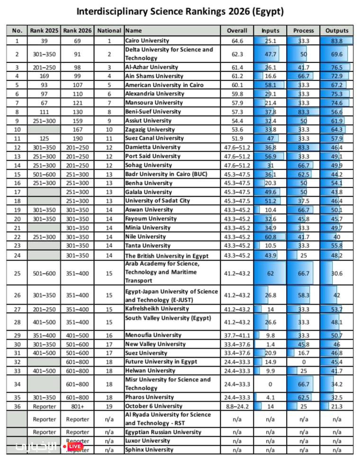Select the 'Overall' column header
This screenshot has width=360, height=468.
point(237,31)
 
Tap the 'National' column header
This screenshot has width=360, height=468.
point(109,31)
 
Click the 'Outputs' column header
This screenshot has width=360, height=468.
point(337,31)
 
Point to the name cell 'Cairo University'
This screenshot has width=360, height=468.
point(148,41)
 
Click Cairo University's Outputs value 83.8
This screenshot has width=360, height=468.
point(337,41)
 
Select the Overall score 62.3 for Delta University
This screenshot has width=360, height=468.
point(237,54)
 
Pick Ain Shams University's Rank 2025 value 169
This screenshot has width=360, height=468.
point(44,76)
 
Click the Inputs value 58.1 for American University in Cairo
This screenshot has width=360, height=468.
point(270,85)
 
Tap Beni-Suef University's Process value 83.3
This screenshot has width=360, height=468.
point(304,112)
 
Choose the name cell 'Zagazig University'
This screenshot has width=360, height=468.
point(150,129)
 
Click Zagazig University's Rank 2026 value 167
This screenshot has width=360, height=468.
point(77,129)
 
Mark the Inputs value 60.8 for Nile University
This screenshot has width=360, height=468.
point(270,236)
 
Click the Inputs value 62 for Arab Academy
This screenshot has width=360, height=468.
point(270,273)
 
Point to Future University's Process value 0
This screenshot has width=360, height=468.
point(304,362)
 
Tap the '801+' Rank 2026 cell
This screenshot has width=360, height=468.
point(77,406)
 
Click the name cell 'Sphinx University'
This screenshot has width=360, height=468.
point(149,450)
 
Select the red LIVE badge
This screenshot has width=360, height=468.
point(73,446)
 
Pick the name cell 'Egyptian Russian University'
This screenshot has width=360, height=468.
point(163,432)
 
